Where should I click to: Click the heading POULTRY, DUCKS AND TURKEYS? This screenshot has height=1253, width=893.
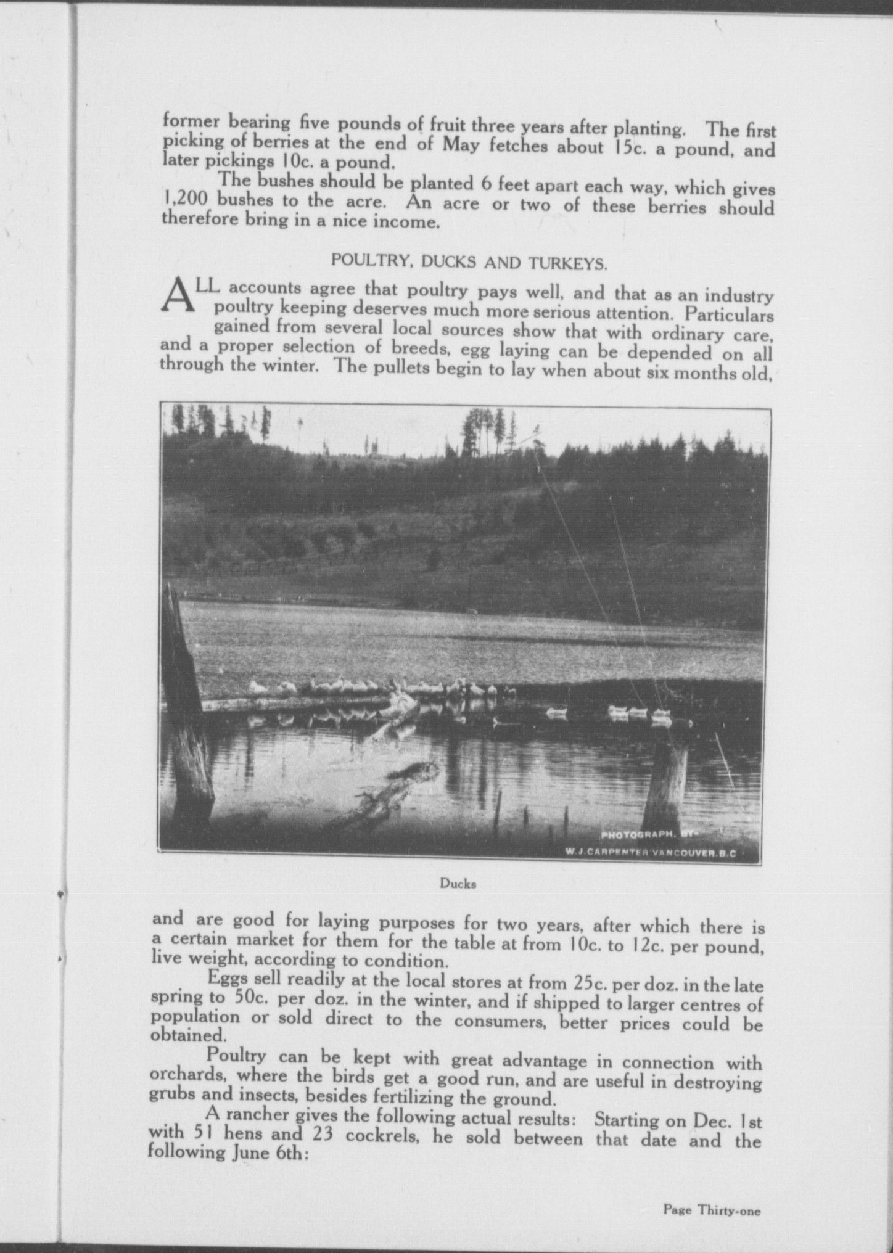(x=469, y=261)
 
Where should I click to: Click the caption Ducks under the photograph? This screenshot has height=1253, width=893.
(x=458, y=883)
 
